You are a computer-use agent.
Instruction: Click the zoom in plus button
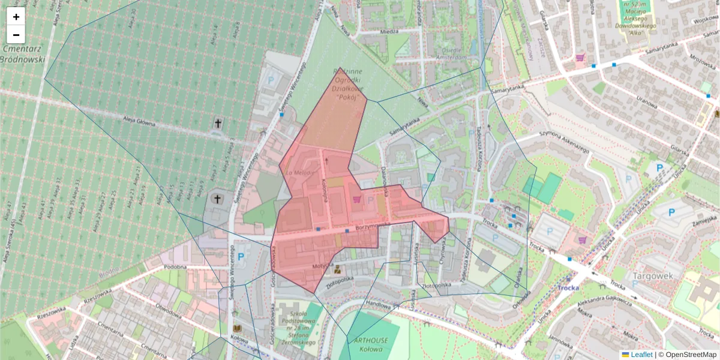pyautogui.click(x=16, y=17)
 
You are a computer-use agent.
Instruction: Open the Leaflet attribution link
pyautogui.click(x=641, y=355)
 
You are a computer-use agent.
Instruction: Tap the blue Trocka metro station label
pyautogui.click(x=568, y=287)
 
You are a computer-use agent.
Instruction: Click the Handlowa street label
pyautogui.click(x=378, y=304)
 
